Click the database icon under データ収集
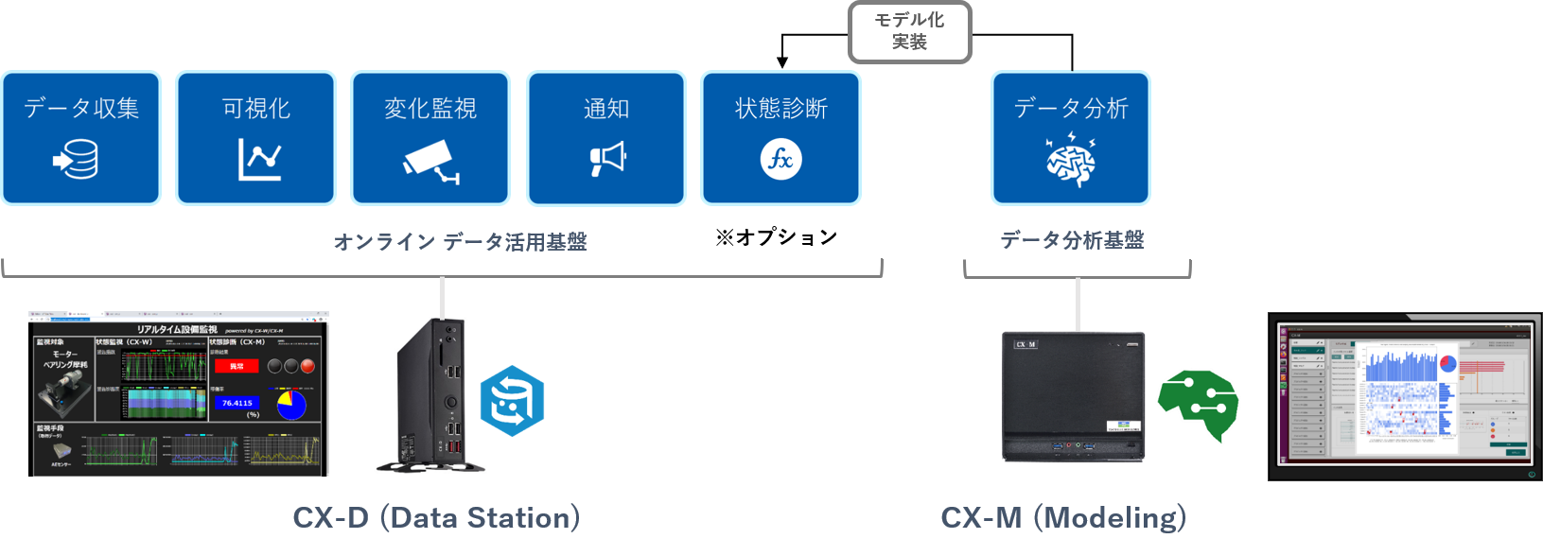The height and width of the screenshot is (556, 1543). pos(77,160)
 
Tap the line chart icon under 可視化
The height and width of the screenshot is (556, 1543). pos(258,160)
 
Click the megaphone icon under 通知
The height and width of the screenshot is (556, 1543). pos(607,158)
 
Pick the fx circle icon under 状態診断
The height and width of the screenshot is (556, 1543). pos(781,159)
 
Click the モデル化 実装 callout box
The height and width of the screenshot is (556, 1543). pos(909,31)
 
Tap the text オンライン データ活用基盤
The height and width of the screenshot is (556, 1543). pos(460,242)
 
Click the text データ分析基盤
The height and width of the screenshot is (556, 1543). pos(1072,240)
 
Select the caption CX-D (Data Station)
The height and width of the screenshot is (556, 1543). pos(436,517)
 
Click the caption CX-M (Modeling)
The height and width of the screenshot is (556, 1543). pos(1063,517)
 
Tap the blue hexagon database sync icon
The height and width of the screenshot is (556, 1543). pos(512,401)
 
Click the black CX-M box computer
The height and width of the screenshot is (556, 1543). pos(1073,396)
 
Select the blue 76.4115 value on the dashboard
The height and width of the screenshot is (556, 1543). pos(237,403)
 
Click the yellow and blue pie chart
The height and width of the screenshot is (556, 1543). pos(291,404)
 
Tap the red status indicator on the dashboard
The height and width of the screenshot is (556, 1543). pos(236,366)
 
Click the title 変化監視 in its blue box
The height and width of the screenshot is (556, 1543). pos(430,109)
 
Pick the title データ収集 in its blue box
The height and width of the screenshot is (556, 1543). pos(81,109)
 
